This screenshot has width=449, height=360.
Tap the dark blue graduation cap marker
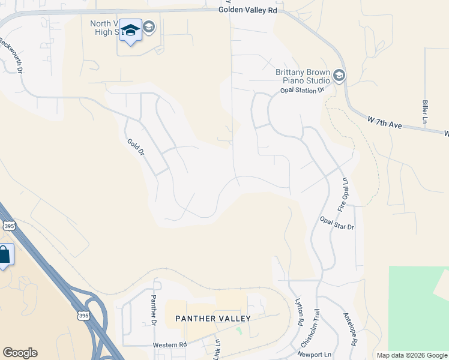pyautogui.click(x=130, y=31)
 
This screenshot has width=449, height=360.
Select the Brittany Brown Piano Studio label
pyautogui.click(x=303, y=76)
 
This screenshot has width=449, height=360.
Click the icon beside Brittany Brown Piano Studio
pyautogui.click(x=339, y=76)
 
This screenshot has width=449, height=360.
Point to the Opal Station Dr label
pyautogui.click(x=302, y=90)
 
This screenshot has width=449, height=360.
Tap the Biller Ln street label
pyautogui.click(x=425, y=112)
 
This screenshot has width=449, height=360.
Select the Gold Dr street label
pyautogui.click(x=136, y=148)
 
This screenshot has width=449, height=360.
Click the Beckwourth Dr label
pyautogui.click(x=10, y=55)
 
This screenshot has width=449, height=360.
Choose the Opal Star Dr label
pyautogui.click(x=337, y=223)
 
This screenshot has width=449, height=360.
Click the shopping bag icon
pyautogui.click(x=4, y=255)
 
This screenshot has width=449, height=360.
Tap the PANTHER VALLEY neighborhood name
pyautogui.click(x=212, y=318)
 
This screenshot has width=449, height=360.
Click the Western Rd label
pyautogui.click(x=170, y=345)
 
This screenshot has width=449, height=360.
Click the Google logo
pyautogui.click(x=20, y=353)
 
